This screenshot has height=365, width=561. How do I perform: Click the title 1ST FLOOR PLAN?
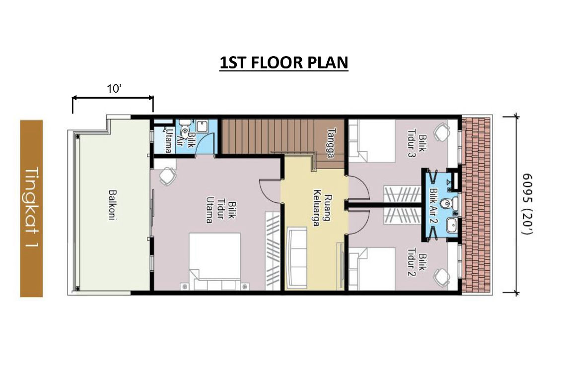[x=283, y=62]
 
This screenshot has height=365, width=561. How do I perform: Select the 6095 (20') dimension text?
[x=527, y=204]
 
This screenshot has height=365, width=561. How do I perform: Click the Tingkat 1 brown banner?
[x=31, y=208]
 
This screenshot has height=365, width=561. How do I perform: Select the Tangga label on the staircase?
[x=331, y=143]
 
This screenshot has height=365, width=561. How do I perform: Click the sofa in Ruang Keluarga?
[x=297, y=257]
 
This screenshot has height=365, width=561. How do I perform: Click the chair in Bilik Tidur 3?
[x=441, y=132]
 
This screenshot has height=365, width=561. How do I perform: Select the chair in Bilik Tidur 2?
[x=441, y=277]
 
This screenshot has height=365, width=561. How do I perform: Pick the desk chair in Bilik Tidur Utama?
[x=167, y=176]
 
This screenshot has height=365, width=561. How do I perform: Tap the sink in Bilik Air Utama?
[x=202, y=126]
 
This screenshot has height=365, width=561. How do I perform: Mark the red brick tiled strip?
[x=476, y=204]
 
